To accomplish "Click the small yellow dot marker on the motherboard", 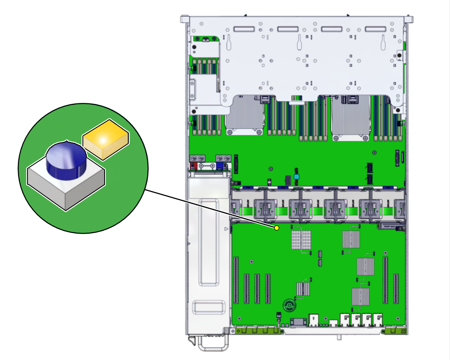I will (276, 228).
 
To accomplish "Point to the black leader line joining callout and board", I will (208, 209).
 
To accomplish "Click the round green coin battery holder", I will (288, 305).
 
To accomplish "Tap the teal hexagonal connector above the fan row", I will (297, 177).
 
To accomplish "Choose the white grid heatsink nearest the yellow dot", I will (301, 240).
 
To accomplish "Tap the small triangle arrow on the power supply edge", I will (226, 229).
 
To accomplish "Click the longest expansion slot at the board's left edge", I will (236, 280).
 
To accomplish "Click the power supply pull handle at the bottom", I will (213, 344).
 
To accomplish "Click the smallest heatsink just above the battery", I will (303, 288).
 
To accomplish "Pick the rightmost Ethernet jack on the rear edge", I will (378, 320).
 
